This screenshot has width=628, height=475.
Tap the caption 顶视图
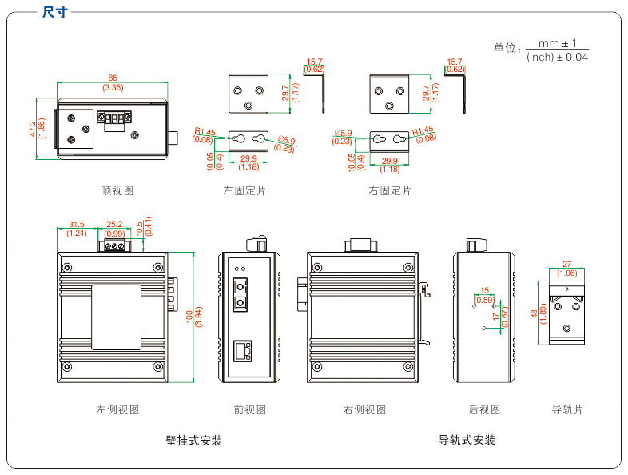click(x=117, y=190)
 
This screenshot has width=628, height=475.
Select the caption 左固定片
click(x=244, y=190)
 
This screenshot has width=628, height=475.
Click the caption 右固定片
click(x=390, y=190)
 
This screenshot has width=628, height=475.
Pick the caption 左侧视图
click(x=117, y=409)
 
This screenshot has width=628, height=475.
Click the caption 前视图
click(x=249, y=409)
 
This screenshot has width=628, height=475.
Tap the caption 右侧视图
click(x=364, y=409)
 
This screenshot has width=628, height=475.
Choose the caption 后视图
click(x=484, y=409)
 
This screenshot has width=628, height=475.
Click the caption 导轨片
click(x=567, y=409)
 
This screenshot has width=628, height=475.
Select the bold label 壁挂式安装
click(x=193, y=441)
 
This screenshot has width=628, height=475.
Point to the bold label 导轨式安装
click(x=467, y=440)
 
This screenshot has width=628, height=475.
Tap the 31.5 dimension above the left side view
click(x=77, y=225)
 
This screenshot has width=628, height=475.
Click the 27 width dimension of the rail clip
click(x=567, y=265)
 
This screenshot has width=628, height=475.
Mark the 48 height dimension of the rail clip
click(x=535, y=313)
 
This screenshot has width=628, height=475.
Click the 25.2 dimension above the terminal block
click(x=114, y=225)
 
